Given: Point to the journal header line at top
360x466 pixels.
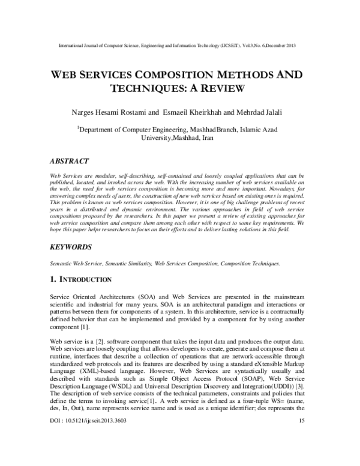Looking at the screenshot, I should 179,46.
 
